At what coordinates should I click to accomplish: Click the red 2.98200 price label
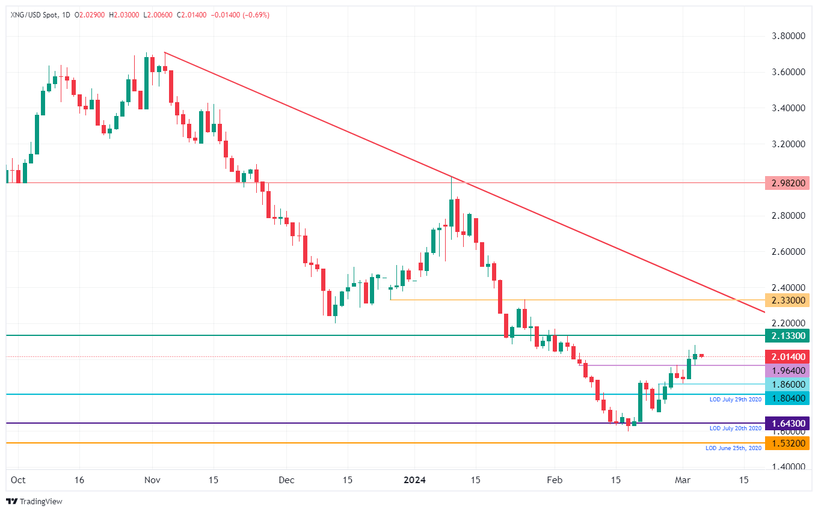click(787, 183)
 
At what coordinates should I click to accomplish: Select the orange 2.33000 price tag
click(787, 300)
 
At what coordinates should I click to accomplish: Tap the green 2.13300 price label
click(787, 335)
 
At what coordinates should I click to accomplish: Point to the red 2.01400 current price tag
click(787, 357)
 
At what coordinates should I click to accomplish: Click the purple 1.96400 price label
click(787, 370)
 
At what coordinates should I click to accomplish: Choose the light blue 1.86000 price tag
click(787, 384)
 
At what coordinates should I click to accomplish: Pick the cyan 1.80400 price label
click(787, 398)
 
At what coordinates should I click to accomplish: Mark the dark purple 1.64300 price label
click(787, 423)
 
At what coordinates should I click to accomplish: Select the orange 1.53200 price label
click(787, 443)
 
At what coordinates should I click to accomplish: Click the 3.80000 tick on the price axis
click(788, 36)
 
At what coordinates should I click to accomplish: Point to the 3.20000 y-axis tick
click(788, 144)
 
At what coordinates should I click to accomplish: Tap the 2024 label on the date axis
click(415, 480)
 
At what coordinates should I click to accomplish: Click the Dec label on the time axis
click(286, 480)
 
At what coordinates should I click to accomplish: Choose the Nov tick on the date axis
click(152, 480)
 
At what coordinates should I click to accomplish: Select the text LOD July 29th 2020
click(735, 399)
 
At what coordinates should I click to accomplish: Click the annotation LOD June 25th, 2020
click(733, 448)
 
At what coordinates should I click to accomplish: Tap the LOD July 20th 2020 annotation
click(735, 428)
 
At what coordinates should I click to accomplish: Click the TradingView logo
click(34, 501)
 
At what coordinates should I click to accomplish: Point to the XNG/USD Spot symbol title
click(34, 14)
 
